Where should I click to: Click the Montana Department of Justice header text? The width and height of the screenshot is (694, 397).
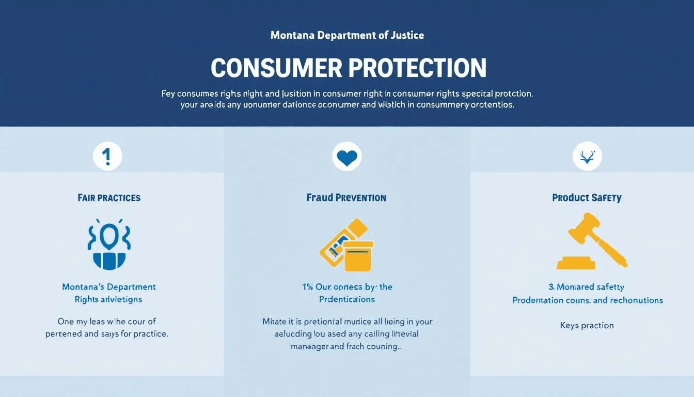[x=347, y=36]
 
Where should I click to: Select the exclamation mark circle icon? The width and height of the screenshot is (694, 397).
[x=107, y=156]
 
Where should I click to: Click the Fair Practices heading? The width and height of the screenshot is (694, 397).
[x=109, y=197]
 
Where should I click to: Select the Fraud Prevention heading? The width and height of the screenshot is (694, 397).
[x=346, y=197]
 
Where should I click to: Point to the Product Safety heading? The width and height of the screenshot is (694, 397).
[x=587, y=197]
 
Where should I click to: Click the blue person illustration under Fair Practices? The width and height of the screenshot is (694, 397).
[x=109, y=246]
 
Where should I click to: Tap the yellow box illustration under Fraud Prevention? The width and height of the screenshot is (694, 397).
[x=358, y=255]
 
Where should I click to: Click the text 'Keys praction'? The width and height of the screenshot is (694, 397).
[x=587, y=325]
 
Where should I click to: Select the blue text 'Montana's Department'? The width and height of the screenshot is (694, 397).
[x=109, y=287]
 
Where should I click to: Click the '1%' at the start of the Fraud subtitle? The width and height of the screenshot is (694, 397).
[x=308, y=287]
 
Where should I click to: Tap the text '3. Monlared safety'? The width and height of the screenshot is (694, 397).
[x=586, y=287]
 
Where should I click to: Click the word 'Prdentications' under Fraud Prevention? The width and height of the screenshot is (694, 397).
[x=346, y=299]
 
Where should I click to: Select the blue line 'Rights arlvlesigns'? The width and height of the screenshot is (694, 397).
[x=108, y=299]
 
